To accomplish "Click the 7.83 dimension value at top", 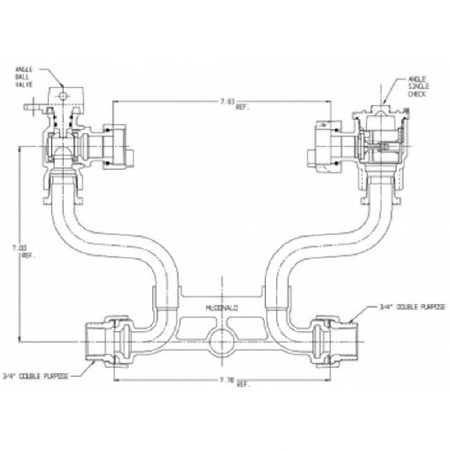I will click(x=228, y=101).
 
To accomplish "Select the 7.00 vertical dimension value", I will click(x=20, y=247).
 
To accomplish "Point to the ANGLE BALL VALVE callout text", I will click(x=24, y=77).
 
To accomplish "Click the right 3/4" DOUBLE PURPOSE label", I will click(x=412, y=307).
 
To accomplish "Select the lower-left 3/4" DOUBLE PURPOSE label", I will click(x=35, y=375).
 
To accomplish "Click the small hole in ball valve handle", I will click(x=64, y=95).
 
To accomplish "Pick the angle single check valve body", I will click(x=381, y=149).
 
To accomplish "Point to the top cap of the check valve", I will click(x=382, y=110).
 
